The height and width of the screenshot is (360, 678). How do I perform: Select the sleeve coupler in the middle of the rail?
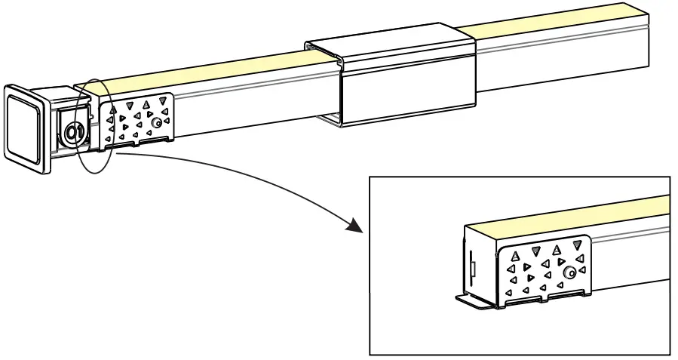coord(400,79)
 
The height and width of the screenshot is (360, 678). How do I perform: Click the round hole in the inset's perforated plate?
coord(571,272)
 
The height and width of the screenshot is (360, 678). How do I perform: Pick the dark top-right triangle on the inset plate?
coord(578,244)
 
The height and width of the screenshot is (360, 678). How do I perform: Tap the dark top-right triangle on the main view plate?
coord(162,100)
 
